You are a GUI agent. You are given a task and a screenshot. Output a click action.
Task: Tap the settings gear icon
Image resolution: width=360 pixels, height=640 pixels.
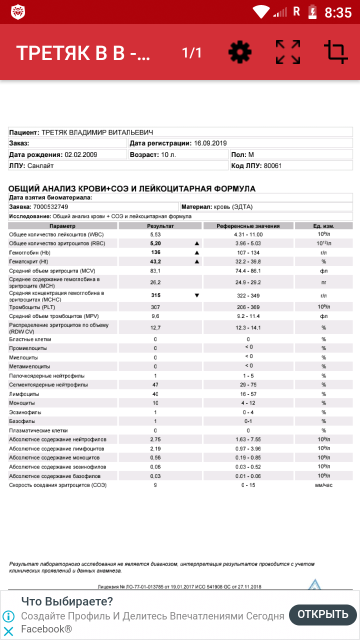coord(240,52)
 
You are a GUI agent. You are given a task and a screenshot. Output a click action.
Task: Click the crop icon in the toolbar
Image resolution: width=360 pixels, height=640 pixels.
coord(335,52)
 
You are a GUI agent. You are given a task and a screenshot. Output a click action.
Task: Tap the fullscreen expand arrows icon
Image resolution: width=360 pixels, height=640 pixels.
coord(288,52)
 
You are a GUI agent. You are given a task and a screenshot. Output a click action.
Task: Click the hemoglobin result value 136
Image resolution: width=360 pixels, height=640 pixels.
coord(155,252)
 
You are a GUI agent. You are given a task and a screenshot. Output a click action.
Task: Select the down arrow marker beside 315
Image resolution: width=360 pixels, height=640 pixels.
coord(196,295)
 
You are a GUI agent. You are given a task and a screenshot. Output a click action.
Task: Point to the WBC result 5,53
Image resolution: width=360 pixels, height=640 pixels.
coord(155,234)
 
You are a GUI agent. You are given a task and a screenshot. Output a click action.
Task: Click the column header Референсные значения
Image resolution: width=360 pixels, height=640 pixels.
coord(248,226)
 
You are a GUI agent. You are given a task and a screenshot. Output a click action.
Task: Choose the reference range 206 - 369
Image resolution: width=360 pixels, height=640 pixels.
coord(248,307)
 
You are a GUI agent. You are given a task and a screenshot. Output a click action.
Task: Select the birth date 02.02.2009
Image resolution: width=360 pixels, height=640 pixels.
coord(81,154)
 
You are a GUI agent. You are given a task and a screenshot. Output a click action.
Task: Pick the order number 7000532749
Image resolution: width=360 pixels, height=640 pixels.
coord(51,206)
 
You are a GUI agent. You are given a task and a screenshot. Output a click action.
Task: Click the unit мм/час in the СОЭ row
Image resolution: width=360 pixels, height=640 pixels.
coord(323,485)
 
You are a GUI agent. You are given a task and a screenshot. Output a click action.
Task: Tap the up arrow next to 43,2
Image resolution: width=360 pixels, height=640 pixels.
coord(196,261)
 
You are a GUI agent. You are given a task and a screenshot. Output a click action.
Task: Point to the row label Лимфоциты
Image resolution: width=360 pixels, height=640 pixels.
coord(23,394)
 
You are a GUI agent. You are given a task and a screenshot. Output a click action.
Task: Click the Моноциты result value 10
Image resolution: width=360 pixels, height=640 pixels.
coord(155,403)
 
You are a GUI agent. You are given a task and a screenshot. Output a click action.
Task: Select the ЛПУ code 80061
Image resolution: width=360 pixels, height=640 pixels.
coord(273,165)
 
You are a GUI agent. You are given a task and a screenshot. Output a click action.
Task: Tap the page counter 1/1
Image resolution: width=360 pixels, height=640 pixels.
coord(192,52)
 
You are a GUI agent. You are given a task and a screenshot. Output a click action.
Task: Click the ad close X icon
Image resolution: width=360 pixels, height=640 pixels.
coord(8,631)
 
